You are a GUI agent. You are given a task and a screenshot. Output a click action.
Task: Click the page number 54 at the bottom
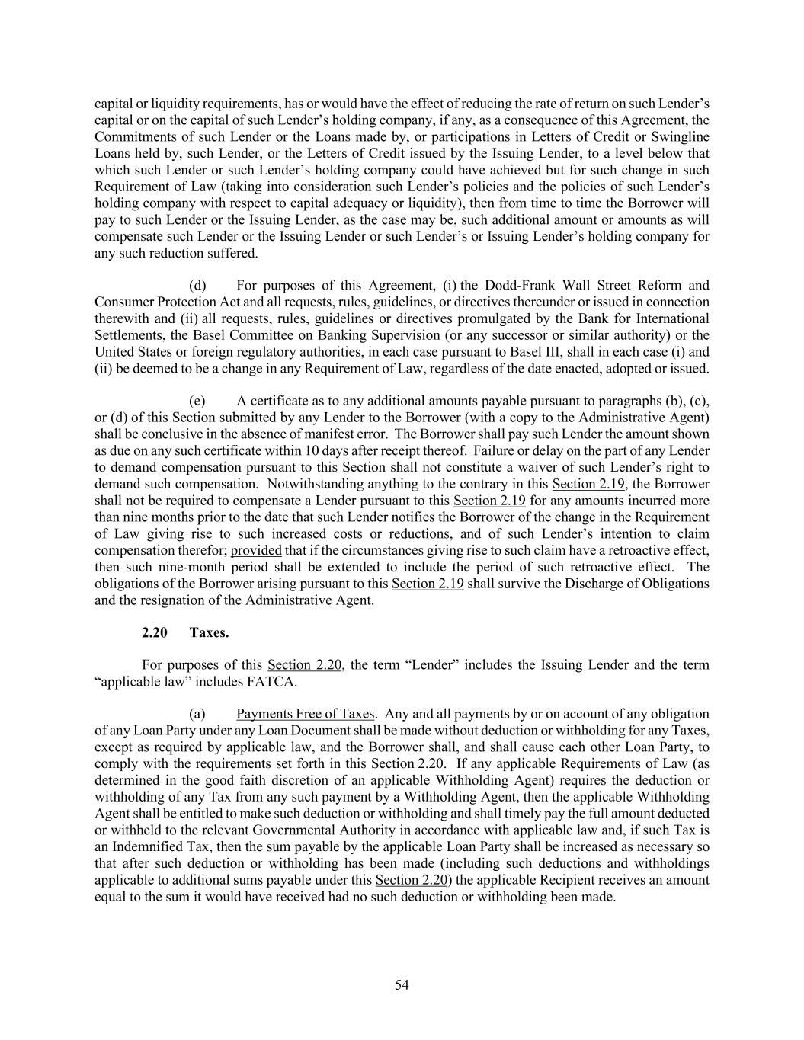tap(402, 985)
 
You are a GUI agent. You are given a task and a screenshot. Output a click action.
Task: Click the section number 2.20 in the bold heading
tap(154, 632)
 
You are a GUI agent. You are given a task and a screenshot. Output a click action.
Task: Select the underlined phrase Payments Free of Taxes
tap(305, 714)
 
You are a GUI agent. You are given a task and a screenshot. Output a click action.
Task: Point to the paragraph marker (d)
tap(197, 286)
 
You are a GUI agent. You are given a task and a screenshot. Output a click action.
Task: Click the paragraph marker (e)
tap(197, 401)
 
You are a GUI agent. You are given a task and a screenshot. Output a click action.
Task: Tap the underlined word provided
tap(256, 550)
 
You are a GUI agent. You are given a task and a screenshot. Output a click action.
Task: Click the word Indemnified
tap(149, 846)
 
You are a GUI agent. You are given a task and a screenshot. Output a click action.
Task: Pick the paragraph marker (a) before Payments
tap(197, 714)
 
